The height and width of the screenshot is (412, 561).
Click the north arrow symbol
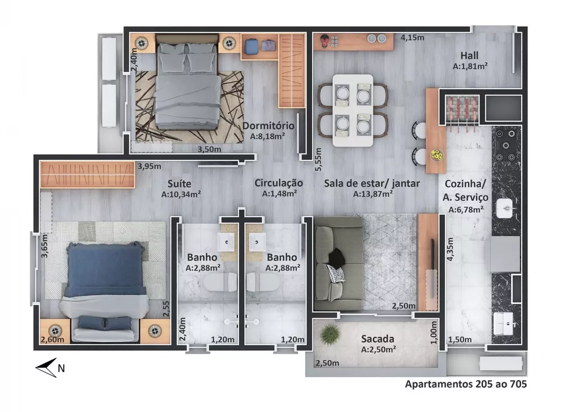tap(46, 368)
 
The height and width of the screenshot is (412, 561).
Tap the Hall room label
tap(470, 56)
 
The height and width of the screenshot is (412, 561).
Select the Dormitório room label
tap(268, 125)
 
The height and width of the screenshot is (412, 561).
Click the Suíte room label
tap(180, 184)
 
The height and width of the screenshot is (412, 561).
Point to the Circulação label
tap(279, 183)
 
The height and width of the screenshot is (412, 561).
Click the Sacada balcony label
tap(378, 338)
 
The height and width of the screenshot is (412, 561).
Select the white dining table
tap(352, 111)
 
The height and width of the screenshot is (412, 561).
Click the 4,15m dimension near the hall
tap(412, 38)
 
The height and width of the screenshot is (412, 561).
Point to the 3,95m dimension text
tap(150, 166)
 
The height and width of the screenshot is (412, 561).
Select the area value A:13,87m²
tap(373, 194)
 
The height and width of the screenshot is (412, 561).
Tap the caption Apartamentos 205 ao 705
tap(466, 384)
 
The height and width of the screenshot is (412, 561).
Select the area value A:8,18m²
tap(268, 136)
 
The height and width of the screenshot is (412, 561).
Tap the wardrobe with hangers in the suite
tap(88, 175)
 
